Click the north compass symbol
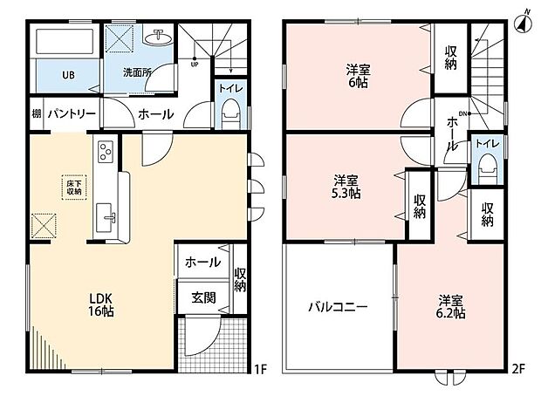pos(523,23)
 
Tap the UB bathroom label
pos(69,75)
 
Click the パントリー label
pos(72,113)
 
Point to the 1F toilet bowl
pos(231,113)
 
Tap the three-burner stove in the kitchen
pos(105,152)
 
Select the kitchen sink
pos(105,218)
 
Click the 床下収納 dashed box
pos(74,188)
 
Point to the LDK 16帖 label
pos(101,304)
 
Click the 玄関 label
pos(203,297)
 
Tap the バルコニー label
pos(338,307)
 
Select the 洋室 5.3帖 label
pos(346,187)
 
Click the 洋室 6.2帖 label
pos(451,307)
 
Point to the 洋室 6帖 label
pos(358,76)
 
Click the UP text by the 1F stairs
pos(195,65)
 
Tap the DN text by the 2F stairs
pos(462,113)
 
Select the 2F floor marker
pos(518,369)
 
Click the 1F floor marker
pos(261,369)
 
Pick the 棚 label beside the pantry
pos(37,113)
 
